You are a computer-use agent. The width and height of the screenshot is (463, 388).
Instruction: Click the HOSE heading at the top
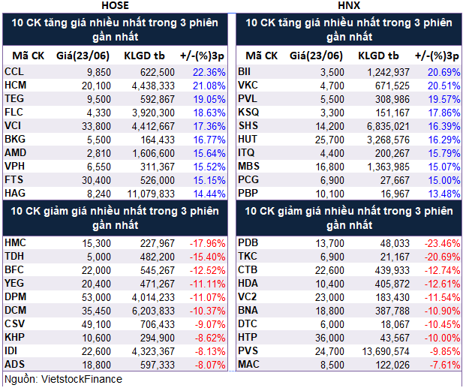tap(115, 5)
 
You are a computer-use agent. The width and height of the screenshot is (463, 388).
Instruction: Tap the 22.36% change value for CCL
tap(209, 72)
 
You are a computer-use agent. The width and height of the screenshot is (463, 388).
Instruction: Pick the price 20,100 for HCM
tap(98, 86)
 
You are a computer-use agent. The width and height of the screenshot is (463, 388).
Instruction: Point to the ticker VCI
tap(14, 125)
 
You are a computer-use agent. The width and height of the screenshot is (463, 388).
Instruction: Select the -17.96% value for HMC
tap(207, 243)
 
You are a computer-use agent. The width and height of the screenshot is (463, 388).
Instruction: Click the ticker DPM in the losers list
tap(14, 297)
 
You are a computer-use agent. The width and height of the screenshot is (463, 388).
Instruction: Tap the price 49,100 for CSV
tap(98, 324)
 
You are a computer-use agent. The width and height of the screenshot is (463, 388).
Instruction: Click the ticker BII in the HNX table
tap(245, 72)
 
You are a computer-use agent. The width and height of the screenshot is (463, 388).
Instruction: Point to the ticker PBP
tap(248, 192)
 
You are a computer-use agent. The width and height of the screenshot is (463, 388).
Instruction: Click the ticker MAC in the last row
tap(248, 365)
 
